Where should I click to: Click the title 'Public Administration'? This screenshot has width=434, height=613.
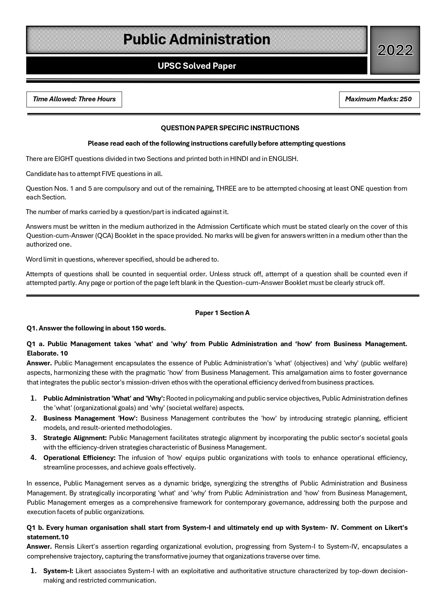tap(197, 39)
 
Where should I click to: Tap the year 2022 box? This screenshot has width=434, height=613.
tap(395, 50)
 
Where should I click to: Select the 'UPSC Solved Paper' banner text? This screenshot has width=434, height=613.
tap(197, 66)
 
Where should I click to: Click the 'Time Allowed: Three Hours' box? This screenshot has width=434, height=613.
tap(74, 99)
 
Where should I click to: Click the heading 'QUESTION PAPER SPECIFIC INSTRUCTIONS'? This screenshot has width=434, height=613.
tap(230, 128)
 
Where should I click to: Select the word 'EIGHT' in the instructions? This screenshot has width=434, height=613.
tap(63, 159)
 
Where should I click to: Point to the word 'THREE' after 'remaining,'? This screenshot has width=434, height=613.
tap(226, 189)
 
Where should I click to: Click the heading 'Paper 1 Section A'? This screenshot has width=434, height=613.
tap(222, 313)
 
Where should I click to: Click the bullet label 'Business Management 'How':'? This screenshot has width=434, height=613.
tap(90, 418)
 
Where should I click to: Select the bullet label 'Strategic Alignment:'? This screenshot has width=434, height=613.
tap(75, 438)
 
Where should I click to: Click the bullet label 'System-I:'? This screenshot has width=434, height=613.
tap(58, 571)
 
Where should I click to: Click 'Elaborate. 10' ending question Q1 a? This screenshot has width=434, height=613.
tap(47, 353)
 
